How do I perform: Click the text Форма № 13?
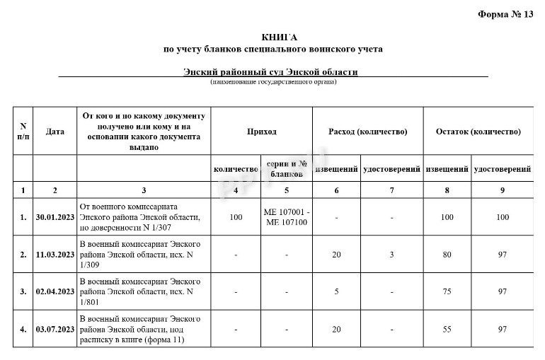pyautogui.click(x=505, y=14)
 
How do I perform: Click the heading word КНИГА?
pyautogui.click(x=272, y=37)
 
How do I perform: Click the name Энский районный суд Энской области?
pyautogui.click(x=270, y=72)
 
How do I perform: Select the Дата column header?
pyautogui.click(x=54, y=132)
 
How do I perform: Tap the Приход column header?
pyautogui.click(x=261, y=132)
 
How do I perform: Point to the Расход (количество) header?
pyautogui.click(x=367, y=132)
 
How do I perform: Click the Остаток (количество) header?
pyautogui.click(x=478, y=132)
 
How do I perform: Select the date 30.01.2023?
pyautogui.click(x=54, y=217)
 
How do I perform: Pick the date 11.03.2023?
pyautogui.click(x=54, y=254)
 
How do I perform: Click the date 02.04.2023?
pyautogui.click(x=54, y=291)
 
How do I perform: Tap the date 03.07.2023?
pyautogui.click(x=54, y=329)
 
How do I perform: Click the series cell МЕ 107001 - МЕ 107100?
pyautogui.click(x=286, y=217)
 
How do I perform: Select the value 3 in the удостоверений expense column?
pyautogui.click(x=391, y=254)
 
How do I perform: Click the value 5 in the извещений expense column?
pyautogui.click(x=336, y=291)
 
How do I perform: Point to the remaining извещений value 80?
pyautogui.click(x=447, y=254)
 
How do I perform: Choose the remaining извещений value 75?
pyautogui.click(x=447, y=291)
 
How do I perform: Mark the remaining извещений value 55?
pyautogui.click(x=447, y=329)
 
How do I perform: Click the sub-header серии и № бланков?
pyautogui.click(x=286, y=168)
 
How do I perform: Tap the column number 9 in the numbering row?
pyautogui.click(x=502, y=190)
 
